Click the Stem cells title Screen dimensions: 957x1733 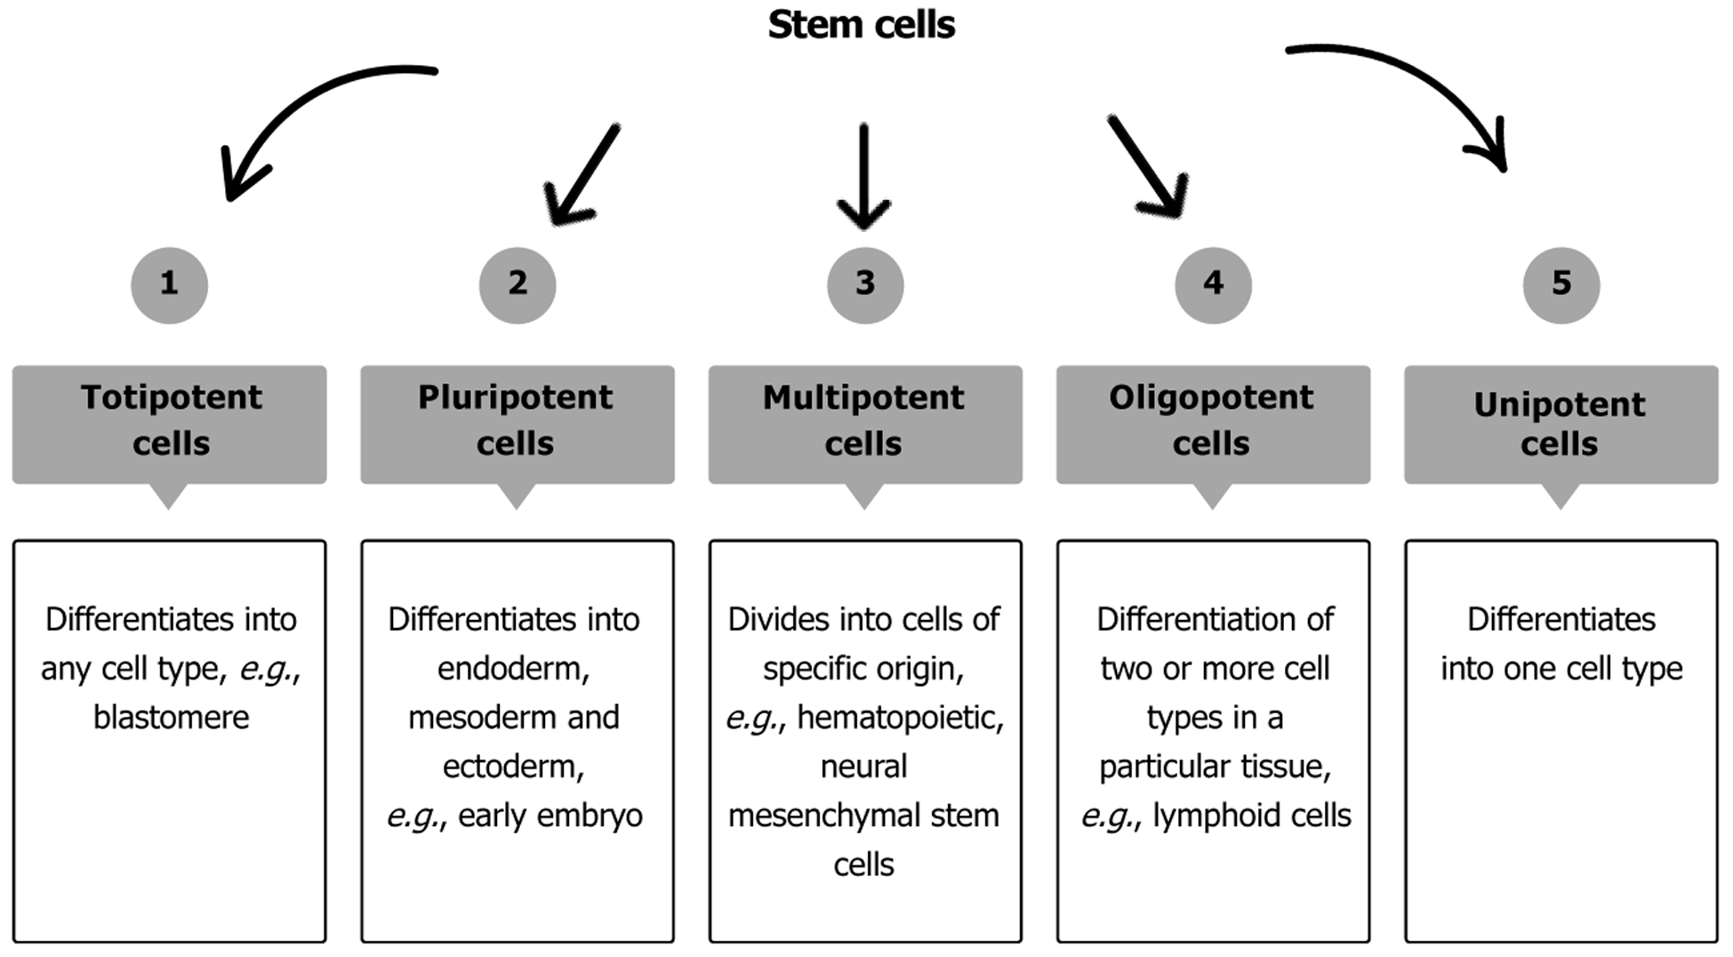(x=861, y=25)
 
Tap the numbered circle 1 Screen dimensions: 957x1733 (x=169, y=285)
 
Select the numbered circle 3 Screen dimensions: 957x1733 (x=865, y=285)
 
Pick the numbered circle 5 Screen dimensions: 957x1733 (x=1561, y=285)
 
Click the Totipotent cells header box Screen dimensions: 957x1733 (x=169, y=423)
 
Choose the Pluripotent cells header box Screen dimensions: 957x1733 (x=517, y=423)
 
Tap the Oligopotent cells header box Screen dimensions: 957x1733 (x=1213, y=423)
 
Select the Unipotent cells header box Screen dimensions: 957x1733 (x=1561, y=423)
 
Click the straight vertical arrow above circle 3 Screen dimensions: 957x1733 (x=863, y=173)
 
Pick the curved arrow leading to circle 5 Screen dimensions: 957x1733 (x=1423, y=80)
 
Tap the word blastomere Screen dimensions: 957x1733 (x=171, y=717)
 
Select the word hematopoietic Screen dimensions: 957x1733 (x=899, y=717)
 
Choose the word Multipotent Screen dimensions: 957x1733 (x=863, y=398)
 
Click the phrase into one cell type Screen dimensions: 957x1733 (x=1561, y=668)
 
